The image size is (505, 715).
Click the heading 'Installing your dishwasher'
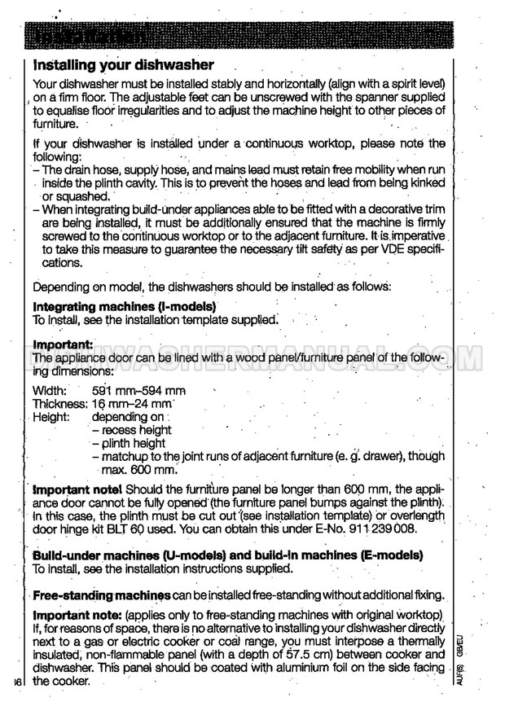123,64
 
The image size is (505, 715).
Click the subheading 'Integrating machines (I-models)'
124,307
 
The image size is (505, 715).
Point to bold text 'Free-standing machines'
101,595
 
